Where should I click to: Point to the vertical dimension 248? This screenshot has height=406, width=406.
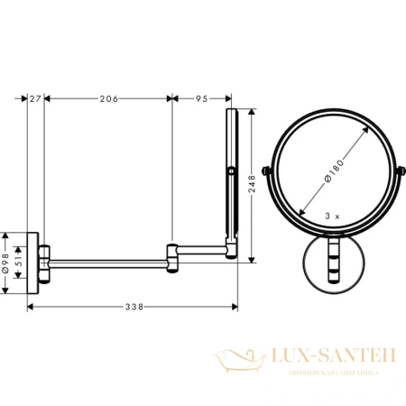(254, 184)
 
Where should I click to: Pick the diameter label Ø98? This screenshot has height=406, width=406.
(8, 259)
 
